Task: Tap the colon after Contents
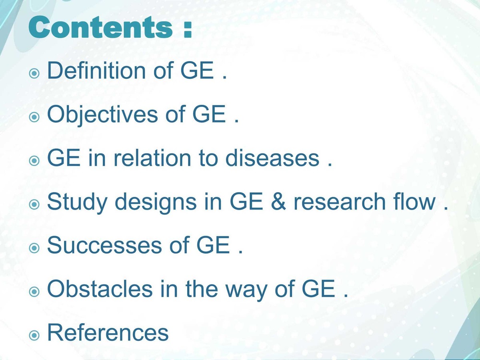coord(187,29)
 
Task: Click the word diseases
coord(272,158)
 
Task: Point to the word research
coord(343,202)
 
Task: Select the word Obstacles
coord(100,289)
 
